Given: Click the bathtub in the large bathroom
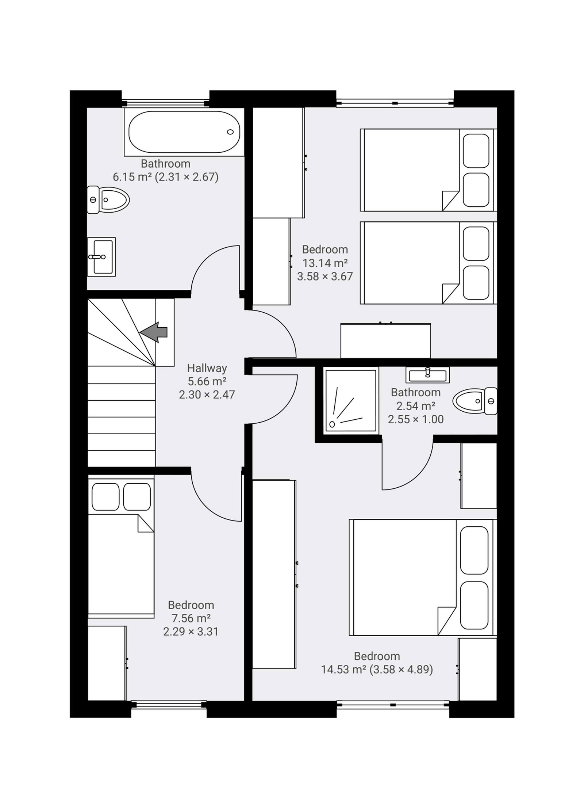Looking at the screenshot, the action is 184,132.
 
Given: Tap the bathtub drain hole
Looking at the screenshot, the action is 230,132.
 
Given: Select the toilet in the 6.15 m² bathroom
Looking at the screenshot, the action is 108,200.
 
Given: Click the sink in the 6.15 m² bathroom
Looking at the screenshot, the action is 101,257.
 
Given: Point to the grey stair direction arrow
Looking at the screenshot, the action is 154,332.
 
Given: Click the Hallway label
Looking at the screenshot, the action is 207,368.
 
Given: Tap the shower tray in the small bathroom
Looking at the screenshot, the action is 350,401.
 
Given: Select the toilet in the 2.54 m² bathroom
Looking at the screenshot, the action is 475,401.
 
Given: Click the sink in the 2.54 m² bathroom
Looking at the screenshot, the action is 427,374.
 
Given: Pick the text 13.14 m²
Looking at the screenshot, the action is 325,263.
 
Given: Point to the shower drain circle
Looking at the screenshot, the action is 332,424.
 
